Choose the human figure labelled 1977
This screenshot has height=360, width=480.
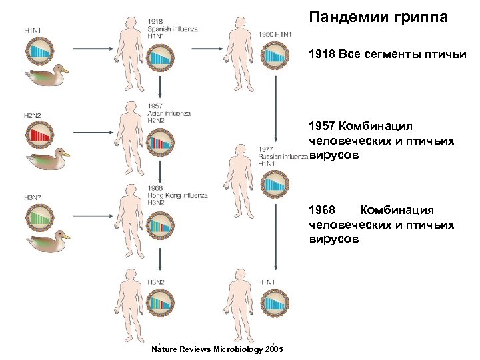click(x=238, y=180)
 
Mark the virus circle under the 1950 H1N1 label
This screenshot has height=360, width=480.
click(x=275, y=57)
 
